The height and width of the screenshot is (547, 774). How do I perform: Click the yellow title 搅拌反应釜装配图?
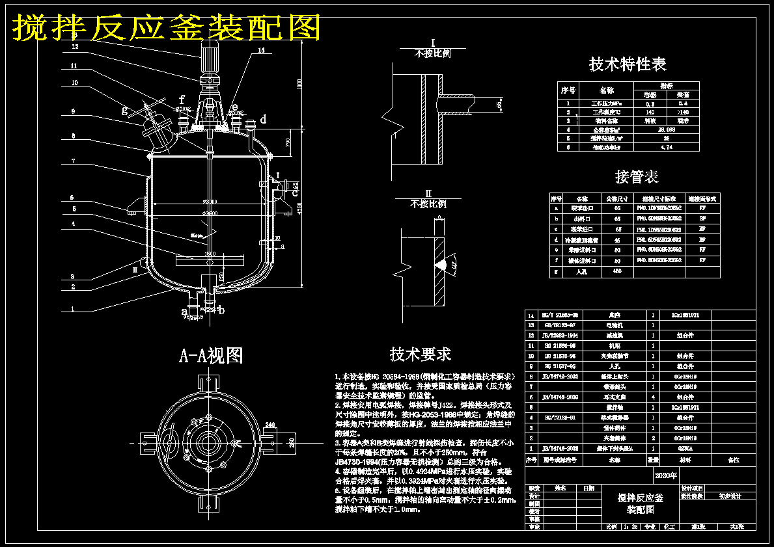tap(167, 27)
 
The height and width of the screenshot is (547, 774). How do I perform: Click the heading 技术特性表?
tap(628, 64)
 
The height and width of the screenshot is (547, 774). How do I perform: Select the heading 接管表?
tap(636, 176)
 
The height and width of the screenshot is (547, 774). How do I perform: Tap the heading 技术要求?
tap(420, 354)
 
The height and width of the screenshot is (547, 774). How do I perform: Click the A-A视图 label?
tap(211, 355)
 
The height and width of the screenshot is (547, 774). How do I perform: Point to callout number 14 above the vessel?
tap(261, 50)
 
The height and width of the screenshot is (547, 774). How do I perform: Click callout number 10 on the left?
tap(75, 83)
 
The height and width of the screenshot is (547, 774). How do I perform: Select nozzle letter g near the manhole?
tap(125, 109)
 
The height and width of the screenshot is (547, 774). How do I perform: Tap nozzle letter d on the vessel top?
tap(263, 119)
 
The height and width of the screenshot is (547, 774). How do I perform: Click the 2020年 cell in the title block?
tap(662, 476)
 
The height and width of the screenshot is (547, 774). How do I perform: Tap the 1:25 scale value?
tap(629, 527)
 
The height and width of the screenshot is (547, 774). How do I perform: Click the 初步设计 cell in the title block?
tap(728, 496)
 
